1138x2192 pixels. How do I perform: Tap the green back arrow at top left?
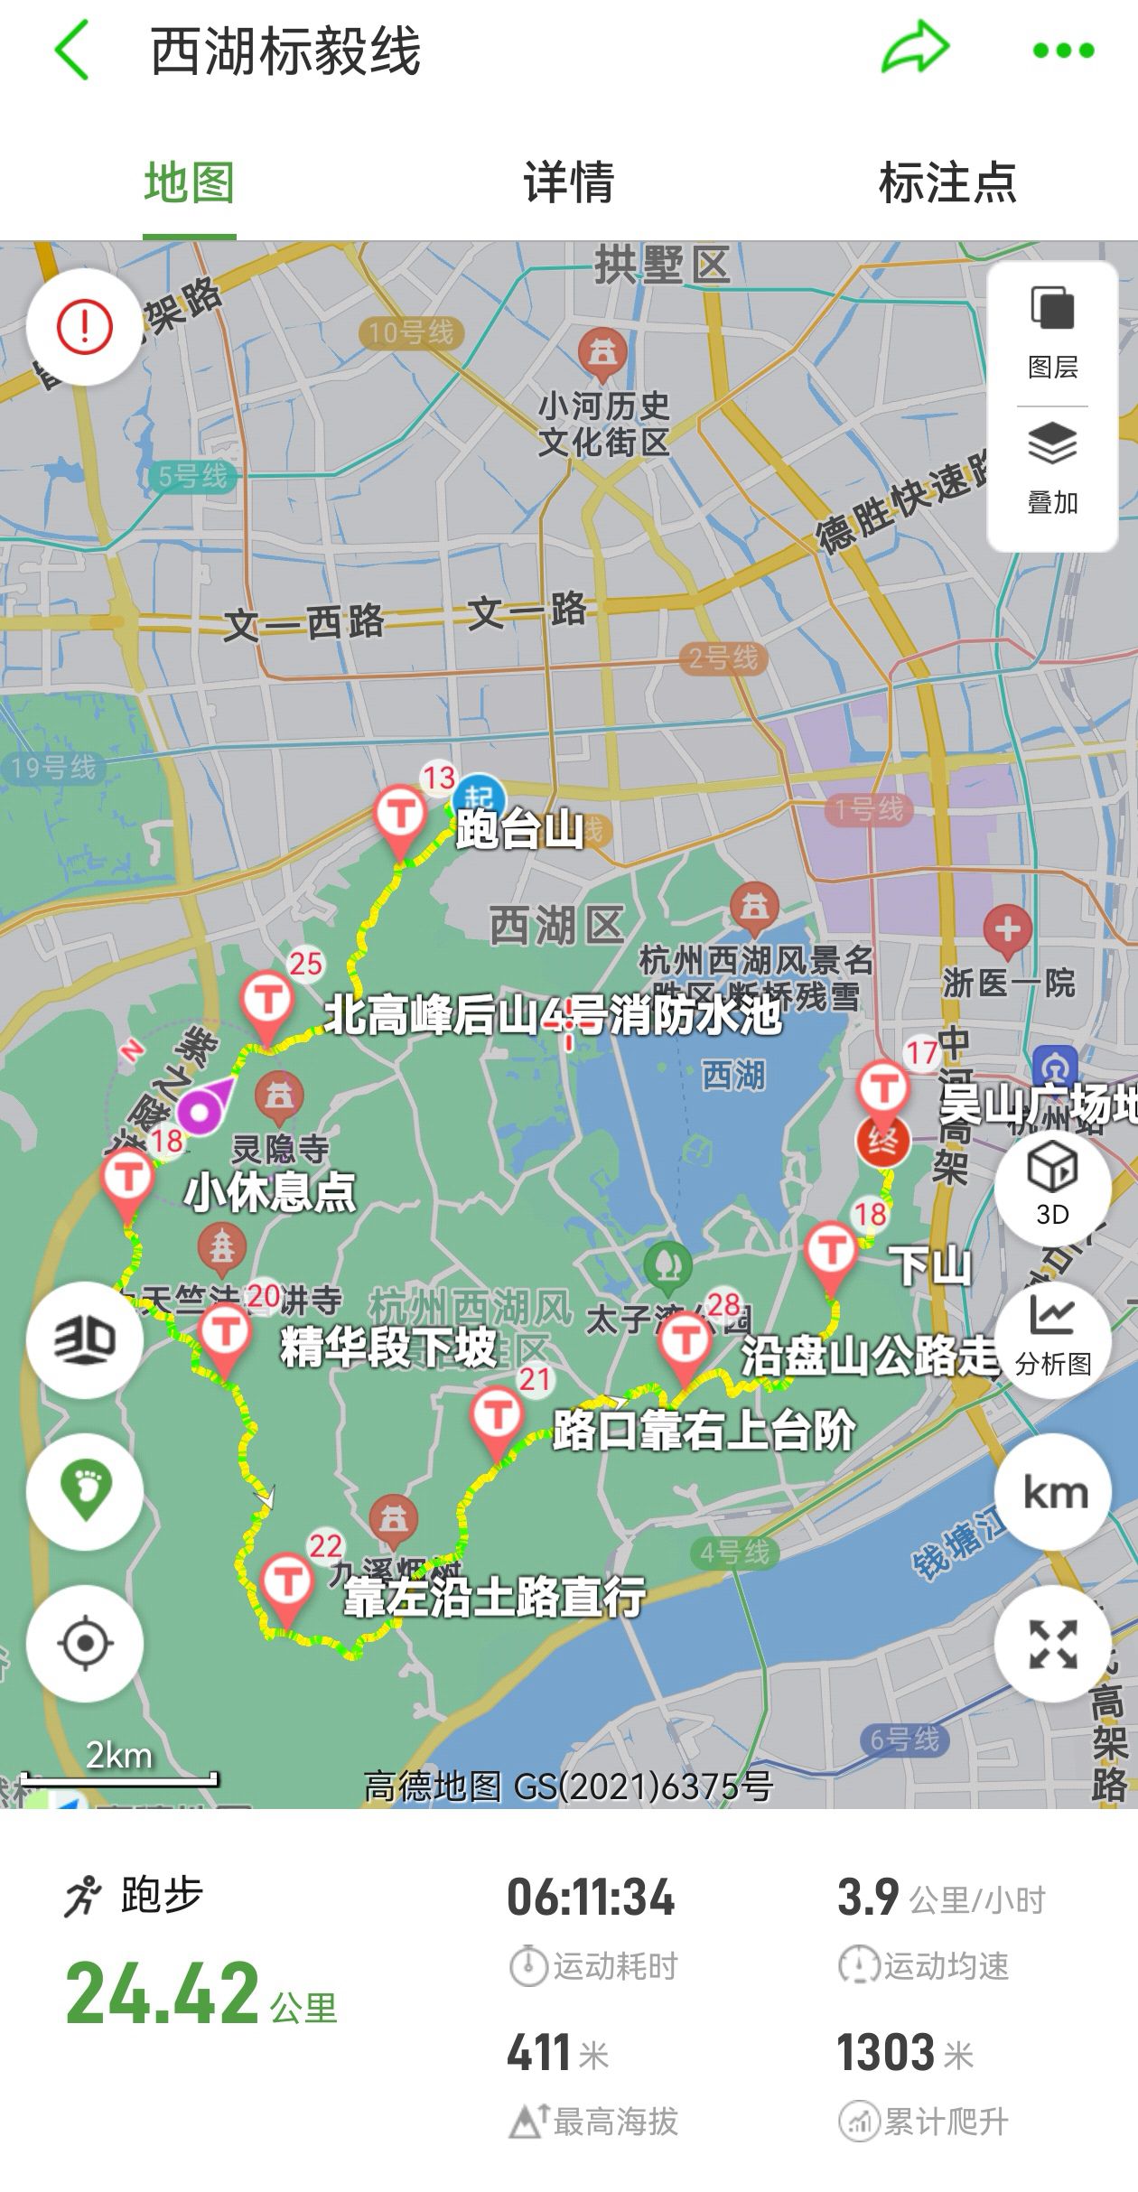pyautogui.click(x=72, y=51)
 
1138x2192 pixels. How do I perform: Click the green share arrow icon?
pyautogui.click(x=914, y=49)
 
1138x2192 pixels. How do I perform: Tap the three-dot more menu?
pyautogui.click(x=1063, y=51)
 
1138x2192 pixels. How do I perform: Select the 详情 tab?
pyautogui.click(x=569, y=182)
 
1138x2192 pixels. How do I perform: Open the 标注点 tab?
pyautogui.click(x=947, y=182)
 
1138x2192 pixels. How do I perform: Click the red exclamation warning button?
pyautogui.click(x=84, y=326)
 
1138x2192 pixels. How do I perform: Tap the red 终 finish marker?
pyautogui.click(x=882, y=1139)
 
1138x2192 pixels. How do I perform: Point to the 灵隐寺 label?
pyautogui.click(x=281, y=1150)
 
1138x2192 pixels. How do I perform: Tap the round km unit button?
pyautogui.click(x=1053, y=1492)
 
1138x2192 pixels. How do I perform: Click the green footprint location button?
pyautogui.click(x=84, y=1492)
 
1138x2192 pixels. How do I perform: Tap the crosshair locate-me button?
pyautogui.click(x=84, y=1642)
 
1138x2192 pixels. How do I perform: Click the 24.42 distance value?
pyautogui.click(x=163, y=1994)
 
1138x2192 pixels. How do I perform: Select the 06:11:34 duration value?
pyautogui.click(x=591, y=1897)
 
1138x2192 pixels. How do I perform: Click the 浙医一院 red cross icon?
pyautogui.click(x=1008, y=930)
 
